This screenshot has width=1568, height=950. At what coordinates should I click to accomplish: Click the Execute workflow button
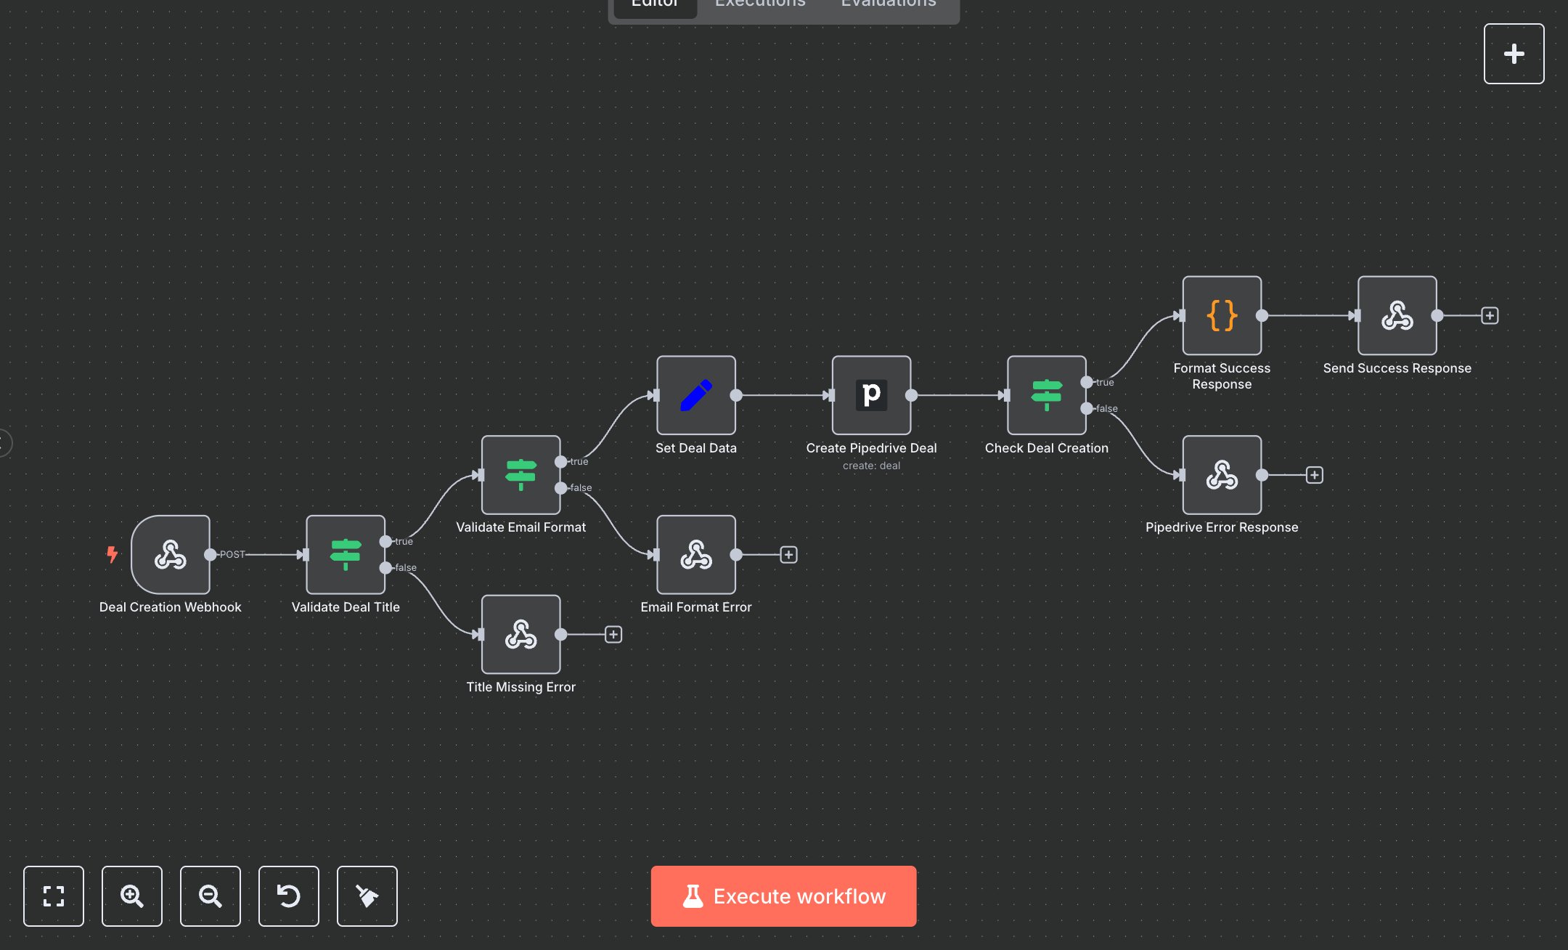pos(783,896)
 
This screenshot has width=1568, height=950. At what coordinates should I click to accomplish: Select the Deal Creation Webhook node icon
pos(171,555)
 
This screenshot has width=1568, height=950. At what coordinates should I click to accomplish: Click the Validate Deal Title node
pos(346,555)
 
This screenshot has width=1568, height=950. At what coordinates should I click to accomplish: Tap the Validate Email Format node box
pos(520,475)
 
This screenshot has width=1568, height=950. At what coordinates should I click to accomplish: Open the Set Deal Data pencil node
pos(695,395)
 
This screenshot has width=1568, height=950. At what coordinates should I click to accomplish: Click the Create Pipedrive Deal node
pos(871,395)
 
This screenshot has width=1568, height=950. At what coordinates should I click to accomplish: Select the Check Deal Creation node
pos(1046,395)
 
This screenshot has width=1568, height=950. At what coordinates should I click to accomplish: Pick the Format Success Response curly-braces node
pos(1222,315)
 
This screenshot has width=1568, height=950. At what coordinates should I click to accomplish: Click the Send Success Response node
pos(1397,315)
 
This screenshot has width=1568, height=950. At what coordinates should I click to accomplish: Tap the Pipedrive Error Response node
pos(1222,475)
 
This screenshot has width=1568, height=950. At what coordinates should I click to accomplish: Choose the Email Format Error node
pos(695,555)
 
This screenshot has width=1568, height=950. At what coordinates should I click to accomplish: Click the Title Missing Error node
pos(520,635)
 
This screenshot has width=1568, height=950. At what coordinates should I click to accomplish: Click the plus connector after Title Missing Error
pos(613,635)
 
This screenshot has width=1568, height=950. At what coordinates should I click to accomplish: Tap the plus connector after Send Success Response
pos(1490,315)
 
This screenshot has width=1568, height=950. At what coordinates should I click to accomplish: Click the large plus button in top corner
pos(1514,54)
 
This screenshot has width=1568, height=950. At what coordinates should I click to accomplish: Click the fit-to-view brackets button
pos(54,896)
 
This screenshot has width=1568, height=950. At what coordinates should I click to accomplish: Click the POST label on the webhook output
pos(232,554)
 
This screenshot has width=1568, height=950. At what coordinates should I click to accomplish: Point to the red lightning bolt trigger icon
pos(112,554)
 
